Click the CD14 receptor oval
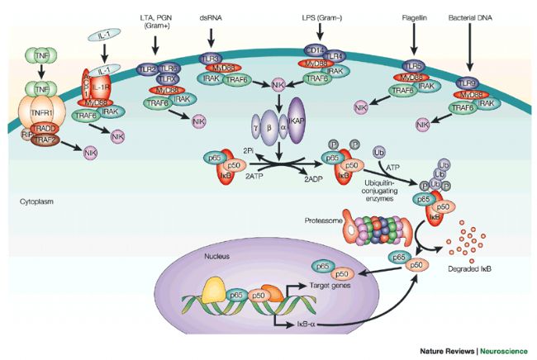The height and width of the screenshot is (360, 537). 315,52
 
